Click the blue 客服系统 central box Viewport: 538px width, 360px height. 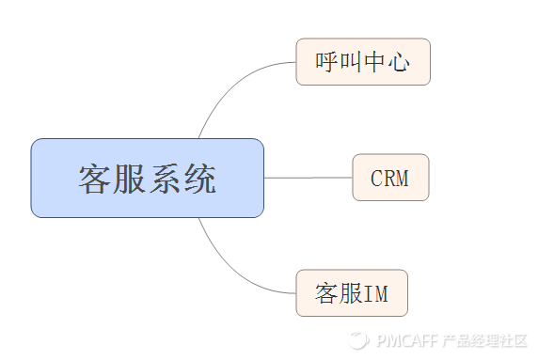[147, 178]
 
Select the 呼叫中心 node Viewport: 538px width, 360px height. [363, 62]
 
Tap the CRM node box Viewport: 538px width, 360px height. [390, 178]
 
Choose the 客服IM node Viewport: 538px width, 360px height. [352, 293]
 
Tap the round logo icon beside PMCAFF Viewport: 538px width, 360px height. [357, 340]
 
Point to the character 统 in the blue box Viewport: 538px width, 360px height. [198, 179]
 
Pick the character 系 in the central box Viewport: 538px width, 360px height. [165, 179]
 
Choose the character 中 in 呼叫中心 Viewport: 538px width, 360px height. [374, 63]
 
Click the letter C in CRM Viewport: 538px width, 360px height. [376, 179]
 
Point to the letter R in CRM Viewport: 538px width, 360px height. [389, 179]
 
